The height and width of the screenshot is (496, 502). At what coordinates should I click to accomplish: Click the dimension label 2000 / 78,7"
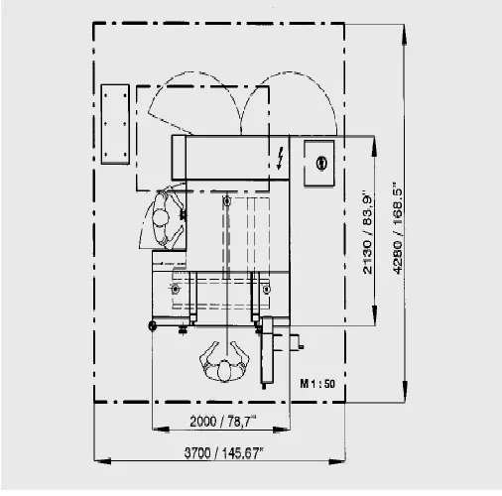pos(223,421)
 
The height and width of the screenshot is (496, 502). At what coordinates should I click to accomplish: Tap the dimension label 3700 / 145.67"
pos(224,452)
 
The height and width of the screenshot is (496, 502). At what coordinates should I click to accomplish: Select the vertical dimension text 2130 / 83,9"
pos(367,232)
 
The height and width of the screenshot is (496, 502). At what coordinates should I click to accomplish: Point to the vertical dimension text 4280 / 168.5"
pos(398,227)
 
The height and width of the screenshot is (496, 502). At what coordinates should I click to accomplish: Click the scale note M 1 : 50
pos(317,384)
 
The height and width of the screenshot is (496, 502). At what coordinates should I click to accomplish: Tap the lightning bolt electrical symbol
pos(280,158)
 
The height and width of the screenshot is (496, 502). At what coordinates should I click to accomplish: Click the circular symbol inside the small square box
pos(321,163)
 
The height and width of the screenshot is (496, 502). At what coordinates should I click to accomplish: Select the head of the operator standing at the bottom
pos(224,370)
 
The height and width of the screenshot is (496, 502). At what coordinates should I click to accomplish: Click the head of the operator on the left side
pos(161,217)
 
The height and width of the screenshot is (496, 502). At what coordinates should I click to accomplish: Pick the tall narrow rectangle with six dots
pos(115,124)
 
